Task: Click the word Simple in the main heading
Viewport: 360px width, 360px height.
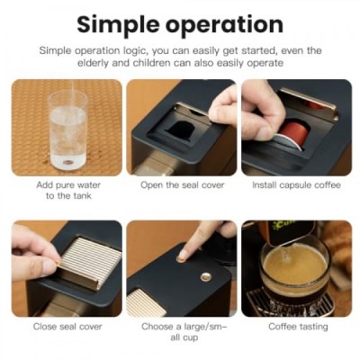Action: coord(118,25)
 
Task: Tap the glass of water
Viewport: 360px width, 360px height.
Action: coord(68,130)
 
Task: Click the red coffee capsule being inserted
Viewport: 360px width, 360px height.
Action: coord(292,135)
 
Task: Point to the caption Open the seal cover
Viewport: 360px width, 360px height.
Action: coord(183,184)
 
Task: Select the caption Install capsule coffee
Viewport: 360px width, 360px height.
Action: coord(296,184)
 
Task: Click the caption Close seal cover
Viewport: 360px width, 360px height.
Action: coord(67,327)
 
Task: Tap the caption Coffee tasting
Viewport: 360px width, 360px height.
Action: coord(298,327)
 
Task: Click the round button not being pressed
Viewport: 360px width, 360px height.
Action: coord(205,277)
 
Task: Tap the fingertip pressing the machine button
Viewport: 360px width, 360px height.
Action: coord(184,255)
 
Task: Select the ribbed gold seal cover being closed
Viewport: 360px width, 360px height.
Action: coord(90,260)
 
